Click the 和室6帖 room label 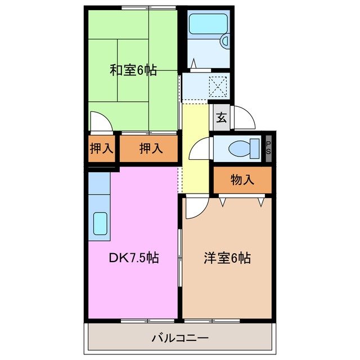pos(133,70)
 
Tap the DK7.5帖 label pos(133,258)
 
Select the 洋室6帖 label pos(227,258)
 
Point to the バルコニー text pos(180,339)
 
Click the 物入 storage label pos(242,180)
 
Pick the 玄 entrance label pos(222,118)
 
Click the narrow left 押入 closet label pos(102,148)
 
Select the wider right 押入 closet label pos(150,148)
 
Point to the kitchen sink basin pos(101,224)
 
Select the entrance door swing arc pos(244,117)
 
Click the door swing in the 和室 pos(99,121)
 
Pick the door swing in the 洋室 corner pos(195,208)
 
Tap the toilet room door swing pos(200,152)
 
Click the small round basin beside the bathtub pos(224,40)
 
